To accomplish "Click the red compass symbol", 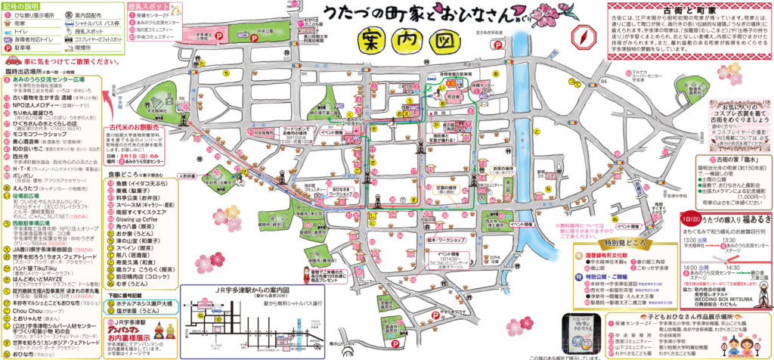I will coord(582,37).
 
